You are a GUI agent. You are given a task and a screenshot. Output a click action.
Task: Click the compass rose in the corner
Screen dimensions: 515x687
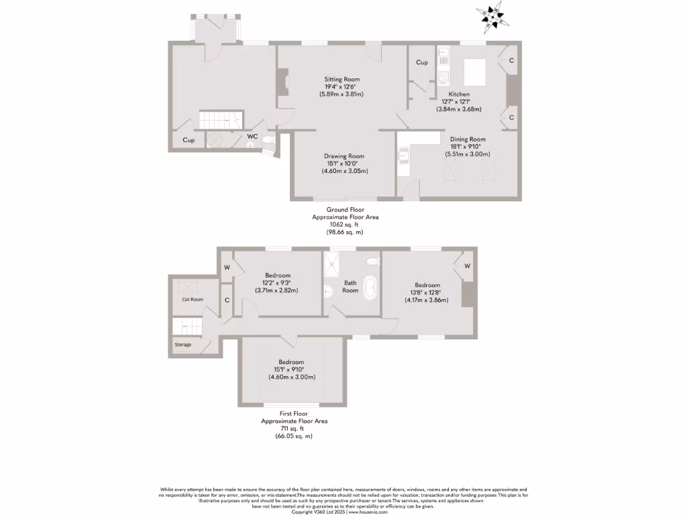pos(493,17)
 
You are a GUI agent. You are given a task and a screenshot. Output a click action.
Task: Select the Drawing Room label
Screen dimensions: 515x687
pos(343,156)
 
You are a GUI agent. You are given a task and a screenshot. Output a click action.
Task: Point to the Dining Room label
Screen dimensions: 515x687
pos(468,139)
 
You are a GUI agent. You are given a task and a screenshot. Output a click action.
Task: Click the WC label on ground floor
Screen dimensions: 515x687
pos(252,137)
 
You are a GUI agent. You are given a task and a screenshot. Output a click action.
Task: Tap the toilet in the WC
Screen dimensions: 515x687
pos(268,139)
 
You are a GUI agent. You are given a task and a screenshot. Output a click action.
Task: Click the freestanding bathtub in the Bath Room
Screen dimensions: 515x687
pos(370,287)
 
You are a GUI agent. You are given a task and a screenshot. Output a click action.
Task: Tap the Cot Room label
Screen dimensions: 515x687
pos(193,300)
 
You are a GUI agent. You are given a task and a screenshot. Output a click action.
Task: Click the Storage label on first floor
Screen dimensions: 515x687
pos(183,345)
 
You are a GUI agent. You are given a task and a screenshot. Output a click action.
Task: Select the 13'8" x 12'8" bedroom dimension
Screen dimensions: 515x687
pos(427,300)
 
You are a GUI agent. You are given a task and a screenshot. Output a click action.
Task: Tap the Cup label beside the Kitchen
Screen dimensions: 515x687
pos(421,62)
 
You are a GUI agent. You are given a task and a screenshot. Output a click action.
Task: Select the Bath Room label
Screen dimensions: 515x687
pos(350,286)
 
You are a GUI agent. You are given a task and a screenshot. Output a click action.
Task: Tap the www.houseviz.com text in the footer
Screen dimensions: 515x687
pos(369,512)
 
